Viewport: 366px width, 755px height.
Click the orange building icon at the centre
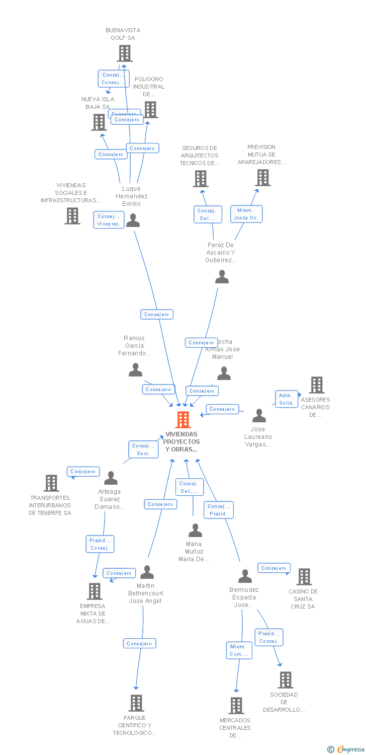tap(183, 420)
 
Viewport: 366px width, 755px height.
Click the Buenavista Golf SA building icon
tap(125, 53)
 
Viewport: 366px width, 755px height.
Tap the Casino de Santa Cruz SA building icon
tap(304, 577)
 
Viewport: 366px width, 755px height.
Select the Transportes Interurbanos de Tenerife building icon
tap(51, 483)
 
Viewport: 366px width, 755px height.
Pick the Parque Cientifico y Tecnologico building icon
tap(136, 703)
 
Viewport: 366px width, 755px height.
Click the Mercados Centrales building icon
tap(236, 706)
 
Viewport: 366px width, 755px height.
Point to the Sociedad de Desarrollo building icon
tap(285, 680)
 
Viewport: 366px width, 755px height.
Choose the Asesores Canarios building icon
tap(316, 385)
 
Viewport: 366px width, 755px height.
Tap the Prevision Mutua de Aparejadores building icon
tap(262, 178)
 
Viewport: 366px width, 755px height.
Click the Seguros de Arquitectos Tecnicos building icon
tap(200, 179)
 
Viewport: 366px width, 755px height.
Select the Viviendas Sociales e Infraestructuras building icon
tap(72, 216)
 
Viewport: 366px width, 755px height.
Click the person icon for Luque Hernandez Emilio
tap(133, 220)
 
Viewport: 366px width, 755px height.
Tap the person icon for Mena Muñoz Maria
tap(195, 530)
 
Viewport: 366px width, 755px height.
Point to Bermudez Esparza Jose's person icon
tap(245, 576)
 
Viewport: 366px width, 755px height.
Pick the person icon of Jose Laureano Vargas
tap(259, 416)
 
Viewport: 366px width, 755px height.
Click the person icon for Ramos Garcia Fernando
tap(135, 370)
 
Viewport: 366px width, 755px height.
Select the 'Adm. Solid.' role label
tap(286, 399)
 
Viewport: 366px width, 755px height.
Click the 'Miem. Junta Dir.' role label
tap(246, 214)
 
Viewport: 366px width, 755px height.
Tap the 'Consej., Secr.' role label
tap(143, 449)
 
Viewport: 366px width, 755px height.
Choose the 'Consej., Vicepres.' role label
tap(109, 220)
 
